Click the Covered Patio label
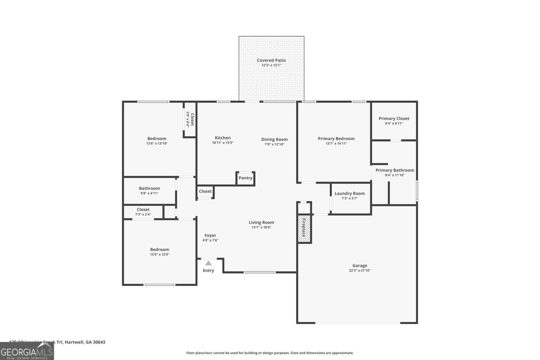click(x=271, y=60)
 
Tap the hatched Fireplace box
click(x=304, y=228)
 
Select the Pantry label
click(x=245, y=178)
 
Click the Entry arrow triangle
click(x=209, y=263)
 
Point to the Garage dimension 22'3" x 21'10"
click(x=360, y=271)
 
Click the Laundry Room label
click(x=350, y=193)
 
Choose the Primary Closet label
click(x=394, y=118)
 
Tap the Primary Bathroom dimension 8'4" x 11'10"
click(x=395, y=175)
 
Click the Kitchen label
click(x=223, y=138)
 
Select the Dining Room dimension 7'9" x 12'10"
click(x=274, y=144)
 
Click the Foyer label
click(x=210, y=236)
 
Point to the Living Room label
click(x=261, y=222)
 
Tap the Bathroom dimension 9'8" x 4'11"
click(x=149, y=193)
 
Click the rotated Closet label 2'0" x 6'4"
click(x=190, y=119)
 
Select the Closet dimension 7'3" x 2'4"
click(x=143, y=214)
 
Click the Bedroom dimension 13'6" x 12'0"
click(x=160, y=254)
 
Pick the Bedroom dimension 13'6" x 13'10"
click(x=157, y=143)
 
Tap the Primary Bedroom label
click(x=336, y=138)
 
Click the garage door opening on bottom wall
click(x=358, y=323)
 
